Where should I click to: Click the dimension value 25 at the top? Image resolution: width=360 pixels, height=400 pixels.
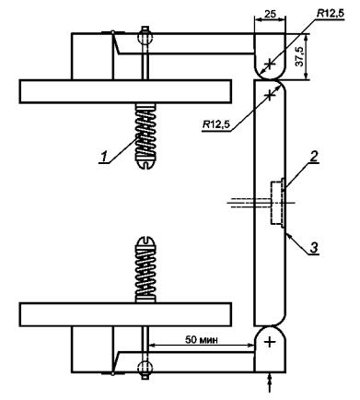pyautogui.click(x=270, y=14)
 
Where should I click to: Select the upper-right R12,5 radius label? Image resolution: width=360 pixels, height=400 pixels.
pyautogui.click(x=331, y=14)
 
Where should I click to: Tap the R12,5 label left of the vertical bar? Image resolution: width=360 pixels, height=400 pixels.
pyautogui.click(x=216, y=124)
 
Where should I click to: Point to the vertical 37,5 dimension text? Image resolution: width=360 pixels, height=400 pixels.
pyautogui.click(x=301, y=56)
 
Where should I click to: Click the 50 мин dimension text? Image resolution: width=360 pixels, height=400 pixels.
pyautogui.click(x=202, y=340)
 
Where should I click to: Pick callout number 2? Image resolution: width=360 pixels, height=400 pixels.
pyautogui.click(x=313, y=157)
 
